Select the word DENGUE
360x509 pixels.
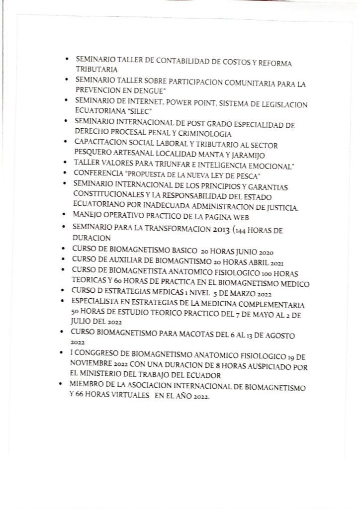coord(150,92)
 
